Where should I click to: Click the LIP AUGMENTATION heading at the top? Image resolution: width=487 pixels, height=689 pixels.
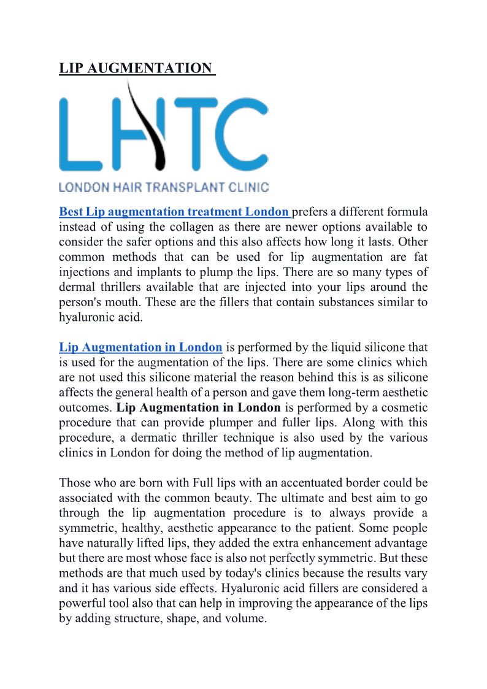[x=136, y=68]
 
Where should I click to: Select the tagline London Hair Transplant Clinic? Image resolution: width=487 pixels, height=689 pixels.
[x=163, y=187]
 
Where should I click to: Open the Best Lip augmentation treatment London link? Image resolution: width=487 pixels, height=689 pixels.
[x=174, y=212]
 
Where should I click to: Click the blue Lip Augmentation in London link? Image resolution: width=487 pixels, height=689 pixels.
[x=140, y=347]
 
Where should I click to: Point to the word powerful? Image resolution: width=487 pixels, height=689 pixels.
[x=82, y=603]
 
